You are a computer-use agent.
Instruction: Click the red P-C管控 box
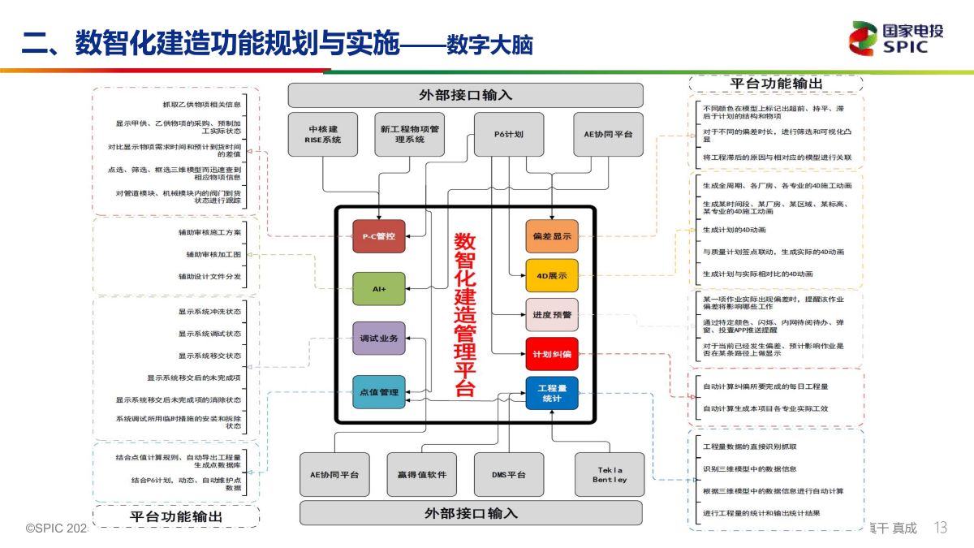[x=378, y=236]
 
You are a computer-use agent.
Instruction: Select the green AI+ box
[x=378, y=289]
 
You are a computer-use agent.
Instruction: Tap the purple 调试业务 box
[x=378, y=339]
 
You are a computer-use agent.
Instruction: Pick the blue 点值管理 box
[x=378, y=392]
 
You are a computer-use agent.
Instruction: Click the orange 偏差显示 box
[x=552, y=236]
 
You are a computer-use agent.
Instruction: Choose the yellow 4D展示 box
[x=552, y=275]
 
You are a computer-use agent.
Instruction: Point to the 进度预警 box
[x=552, y=314]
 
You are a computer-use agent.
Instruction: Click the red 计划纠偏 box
[x=552, y=354]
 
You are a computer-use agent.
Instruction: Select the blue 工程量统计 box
[x=552, y=393]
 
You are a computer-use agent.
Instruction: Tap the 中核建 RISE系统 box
[x=322, y=134]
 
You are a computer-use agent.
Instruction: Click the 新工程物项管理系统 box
[x=410, y=134]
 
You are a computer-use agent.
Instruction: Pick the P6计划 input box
[x=509, y=134]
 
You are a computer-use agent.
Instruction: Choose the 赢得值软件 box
[x=422, y=475]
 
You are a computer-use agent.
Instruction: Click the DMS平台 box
[x=509, y=475]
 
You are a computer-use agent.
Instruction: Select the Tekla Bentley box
[x=610, y=475]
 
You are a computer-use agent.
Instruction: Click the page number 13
[x=941, y=528]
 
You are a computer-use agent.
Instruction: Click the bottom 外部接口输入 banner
[x=471, y=513]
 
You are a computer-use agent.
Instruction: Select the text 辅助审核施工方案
[x=209, y=232]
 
